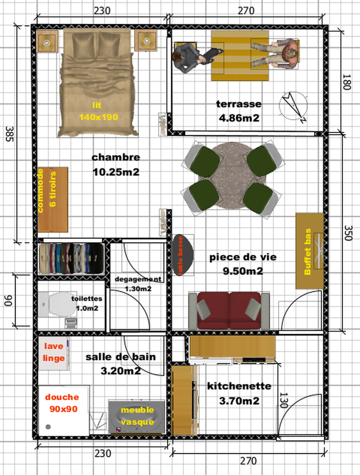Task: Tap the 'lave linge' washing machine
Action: tap(54, 353)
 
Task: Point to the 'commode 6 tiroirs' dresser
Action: tap(53, 200)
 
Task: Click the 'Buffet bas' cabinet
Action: tap(309, 251)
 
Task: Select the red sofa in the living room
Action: tap(229, 311)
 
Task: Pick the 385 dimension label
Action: tap(10, 134)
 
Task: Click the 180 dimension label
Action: tap(347, 82)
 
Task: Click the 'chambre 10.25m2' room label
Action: tap(116, 164)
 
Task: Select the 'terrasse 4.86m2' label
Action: tap(239, 111)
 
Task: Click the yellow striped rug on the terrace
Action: tap(240, 56)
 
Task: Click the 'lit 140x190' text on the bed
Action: tap(98, 111)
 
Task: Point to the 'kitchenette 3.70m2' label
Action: tap(239, 393)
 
